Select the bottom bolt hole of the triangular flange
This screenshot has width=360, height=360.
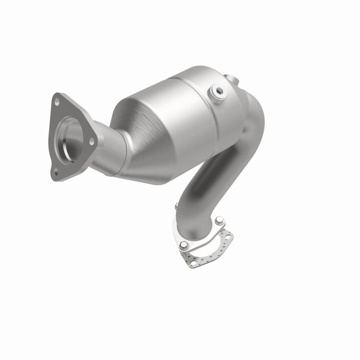click(x=56, y=171)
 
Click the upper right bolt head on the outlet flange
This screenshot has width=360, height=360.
click(x=220, y=221)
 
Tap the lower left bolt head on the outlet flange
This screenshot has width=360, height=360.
click(x=184, y=246)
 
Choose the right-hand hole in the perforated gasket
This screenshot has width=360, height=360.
click(x=230, y=235)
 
